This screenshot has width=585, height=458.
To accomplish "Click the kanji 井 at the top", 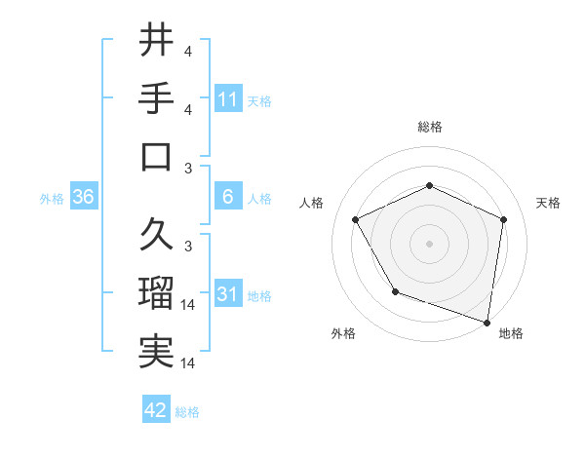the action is [x=157, y=42].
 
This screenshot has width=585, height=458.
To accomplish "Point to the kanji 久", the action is [x=157, y=234].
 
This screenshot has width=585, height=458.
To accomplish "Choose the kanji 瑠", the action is [x=157, y=293].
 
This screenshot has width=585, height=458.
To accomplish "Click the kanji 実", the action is [x=157, y=352].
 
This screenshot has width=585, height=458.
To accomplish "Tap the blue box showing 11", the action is [x=228, y=99].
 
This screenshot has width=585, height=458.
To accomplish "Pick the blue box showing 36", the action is [x=84, y=198].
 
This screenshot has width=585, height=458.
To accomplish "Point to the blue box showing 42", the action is [x=156, y=411].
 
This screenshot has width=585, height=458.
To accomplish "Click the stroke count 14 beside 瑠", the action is [x=188, y=305].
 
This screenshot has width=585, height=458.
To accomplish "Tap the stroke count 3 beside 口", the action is [x=188, y=169].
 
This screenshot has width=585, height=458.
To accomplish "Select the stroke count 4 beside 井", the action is [x=188, y=52].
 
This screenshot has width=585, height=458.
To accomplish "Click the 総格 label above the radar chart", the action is [x=429, y=127].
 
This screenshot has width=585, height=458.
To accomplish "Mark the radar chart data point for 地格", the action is [x=487, y=322].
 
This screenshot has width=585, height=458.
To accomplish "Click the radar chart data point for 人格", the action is [x=356, y=220].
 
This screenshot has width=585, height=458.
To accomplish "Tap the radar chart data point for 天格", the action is [x=503, y=219].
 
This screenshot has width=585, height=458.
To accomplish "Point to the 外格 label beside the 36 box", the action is [x=52, y=199].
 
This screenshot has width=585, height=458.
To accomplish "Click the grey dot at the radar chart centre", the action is [x=429, y=243].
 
